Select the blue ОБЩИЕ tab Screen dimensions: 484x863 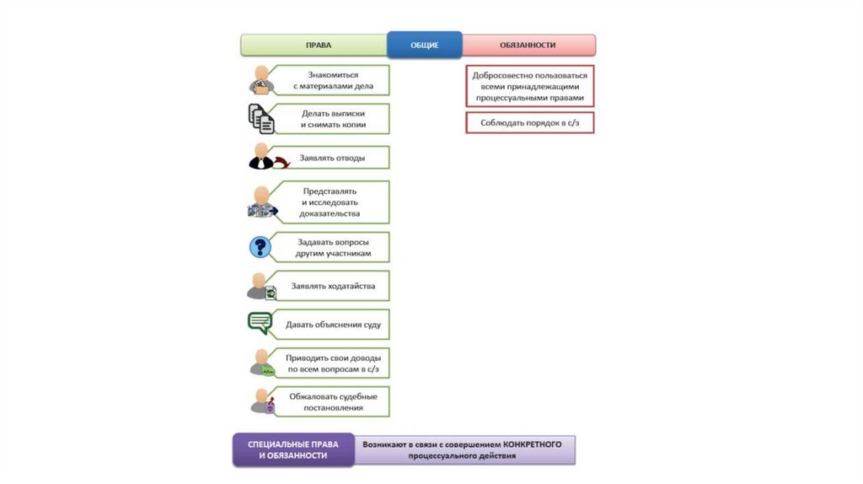(425, 45)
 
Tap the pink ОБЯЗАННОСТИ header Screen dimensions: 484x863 (528, 45)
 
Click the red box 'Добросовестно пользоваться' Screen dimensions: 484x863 (529, 86)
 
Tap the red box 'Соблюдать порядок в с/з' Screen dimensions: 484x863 (529, 123)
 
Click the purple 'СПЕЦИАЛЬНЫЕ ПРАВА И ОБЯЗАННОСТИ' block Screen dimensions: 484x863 (293, 449)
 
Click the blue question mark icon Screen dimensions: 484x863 (260, 247)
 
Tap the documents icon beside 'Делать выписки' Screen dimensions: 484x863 (261, 119)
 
